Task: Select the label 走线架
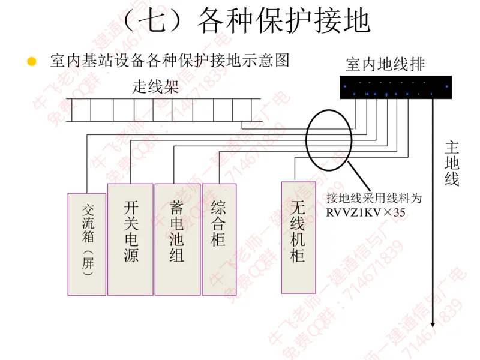point(155,87)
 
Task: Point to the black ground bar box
point(395,88)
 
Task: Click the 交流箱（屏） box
point(87,244)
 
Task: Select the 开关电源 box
point(130,239)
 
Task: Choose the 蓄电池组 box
point(177,239)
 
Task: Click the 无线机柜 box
point(299,237)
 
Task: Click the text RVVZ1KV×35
point(366,211)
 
